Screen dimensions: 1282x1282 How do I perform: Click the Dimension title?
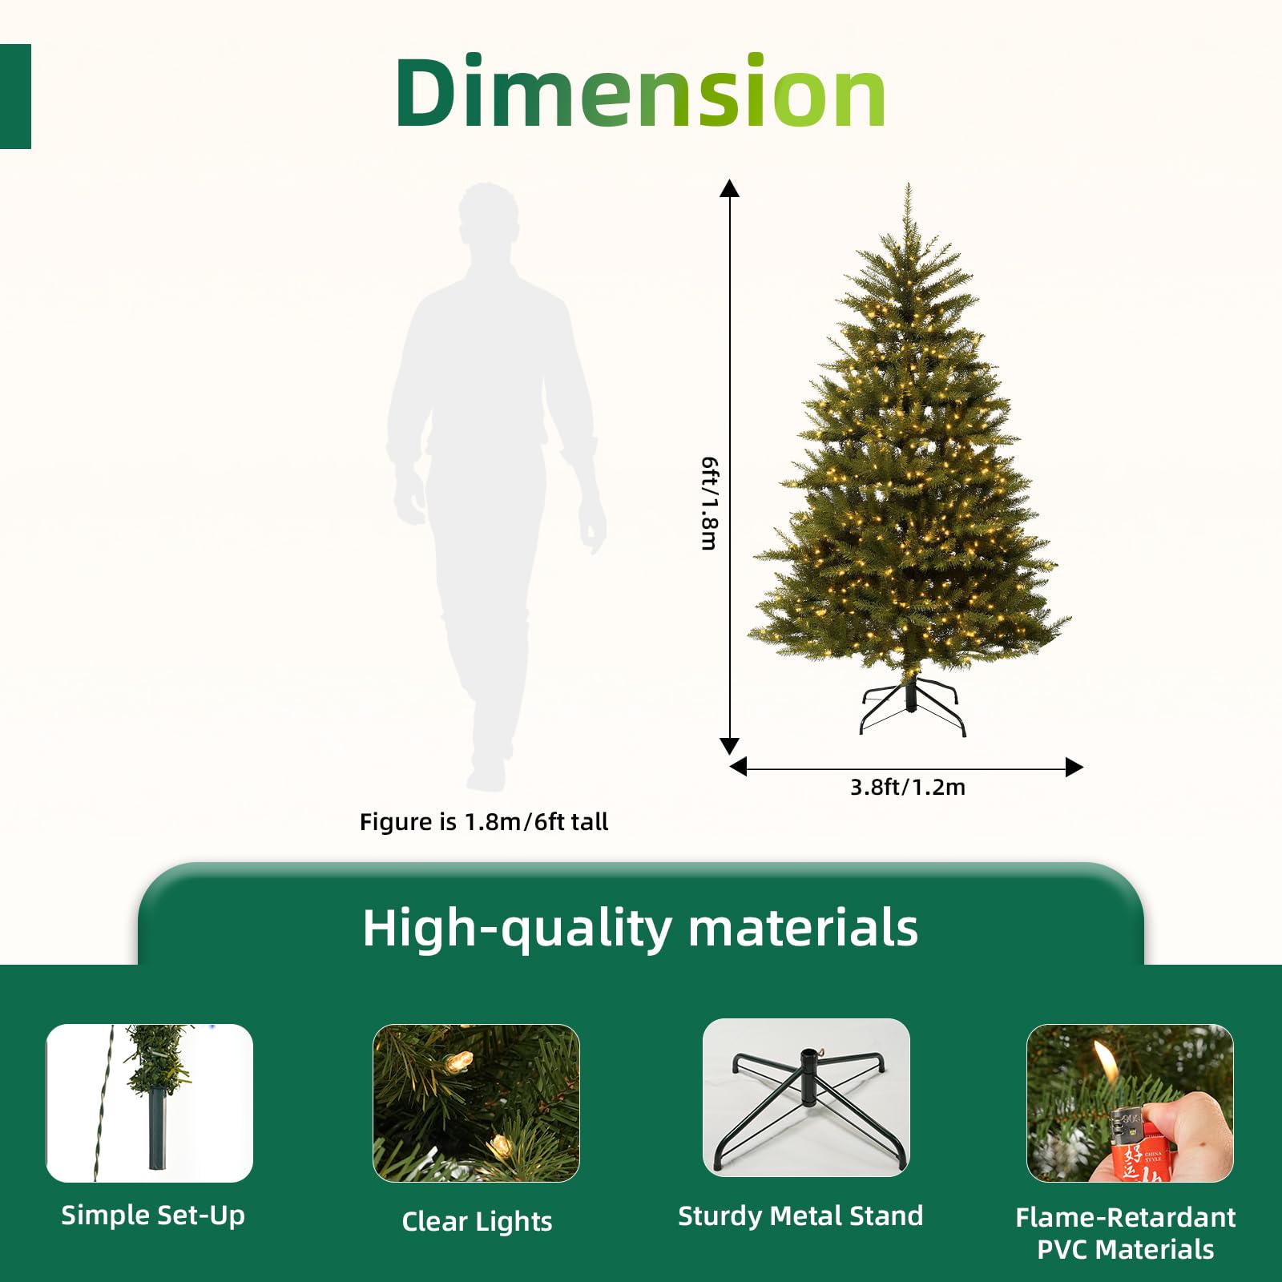click(x=641, y=92)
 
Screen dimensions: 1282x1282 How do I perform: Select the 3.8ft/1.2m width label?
click(x=907, y=787)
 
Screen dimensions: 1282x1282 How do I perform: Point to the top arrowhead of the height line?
click(x=729, y=188)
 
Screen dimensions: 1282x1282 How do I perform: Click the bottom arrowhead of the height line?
click(x=729, y=746)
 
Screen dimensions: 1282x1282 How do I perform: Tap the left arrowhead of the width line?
click(x=739, y=767)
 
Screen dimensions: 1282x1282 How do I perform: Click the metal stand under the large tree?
click(x=912, y=705)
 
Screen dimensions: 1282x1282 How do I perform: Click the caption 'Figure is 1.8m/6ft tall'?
click(x=484, y=821)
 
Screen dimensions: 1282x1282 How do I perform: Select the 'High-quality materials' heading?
click(x=640, y=928)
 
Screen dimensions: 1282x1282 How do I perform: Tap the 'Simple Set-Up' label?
click(x=153, y=1215)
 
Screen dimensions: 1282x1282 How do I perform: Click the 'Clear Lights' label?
click(x=477, y=1221)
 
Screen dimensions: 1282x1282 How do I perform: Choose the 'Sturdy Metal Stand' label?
click(x=800, y=1215)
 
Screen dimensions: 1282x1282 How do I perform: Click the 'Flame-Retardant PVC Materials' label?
click(x=1125, y=1233)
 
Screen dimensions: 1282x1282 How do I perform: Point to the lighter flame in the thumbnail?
click(x=1107, y=1062)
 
